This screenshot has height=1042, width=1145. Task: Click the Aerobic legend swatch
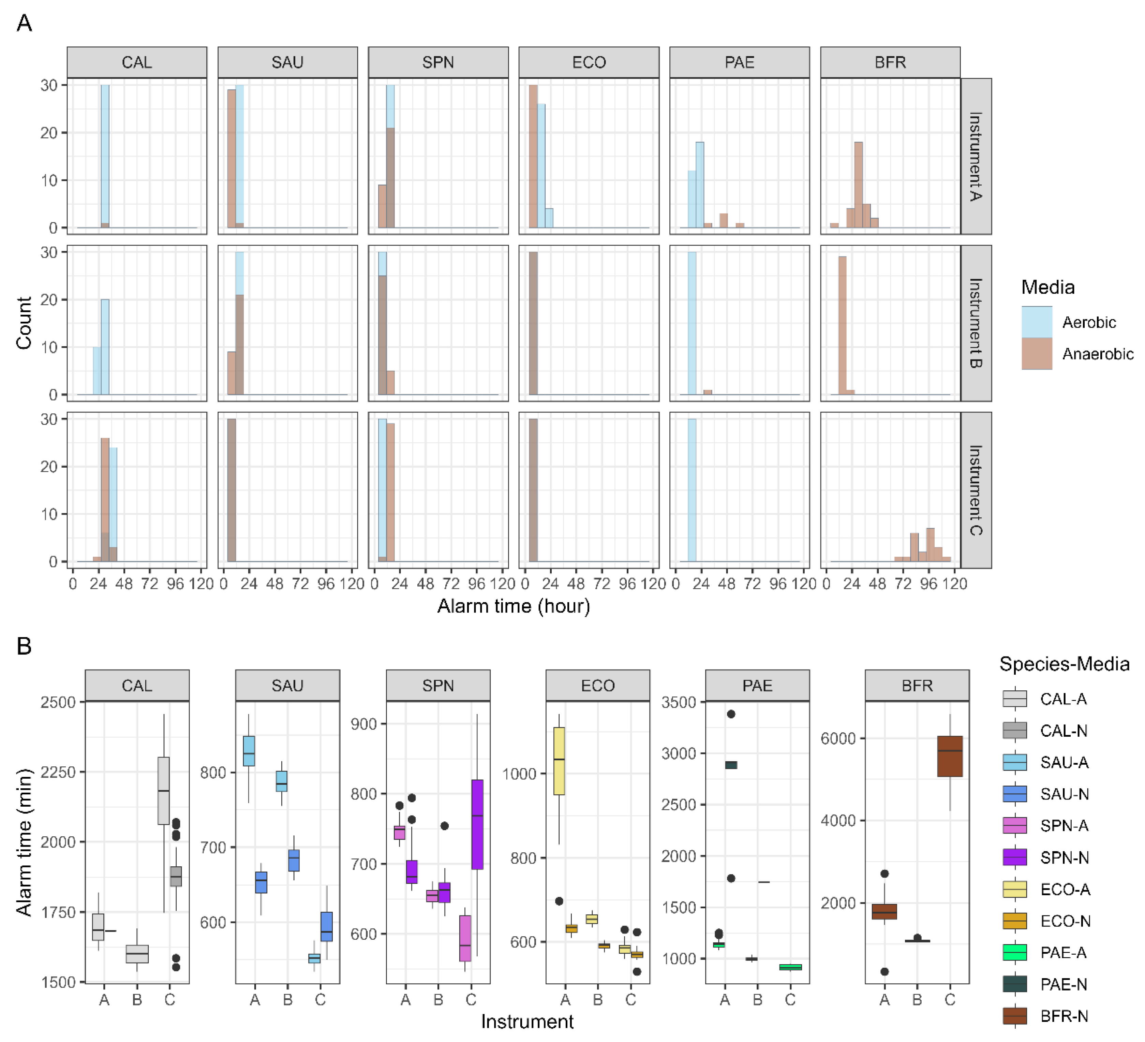[1037, 322]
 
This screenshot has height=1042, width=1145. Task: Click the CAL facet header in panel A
[137, 62]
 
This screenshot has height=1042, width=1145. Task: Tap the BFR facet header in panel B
[917, 686]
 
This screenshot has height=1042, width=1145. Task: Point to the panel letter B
[24, 646]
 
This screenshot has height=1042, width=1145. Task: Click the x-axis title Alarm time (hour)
[514, 606]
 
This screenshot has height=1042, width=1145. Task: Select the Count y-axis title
[24, 323]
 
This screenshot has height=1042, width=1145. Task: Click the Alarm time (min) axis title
[24, 842]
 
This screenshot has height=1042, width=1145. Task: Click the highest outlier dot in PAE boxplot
[731, 714]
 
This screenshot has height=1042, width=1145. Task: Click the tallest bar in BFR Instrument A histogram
[858, 185]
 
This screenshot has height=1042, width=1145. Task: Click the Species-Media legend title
[1064, 664]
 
